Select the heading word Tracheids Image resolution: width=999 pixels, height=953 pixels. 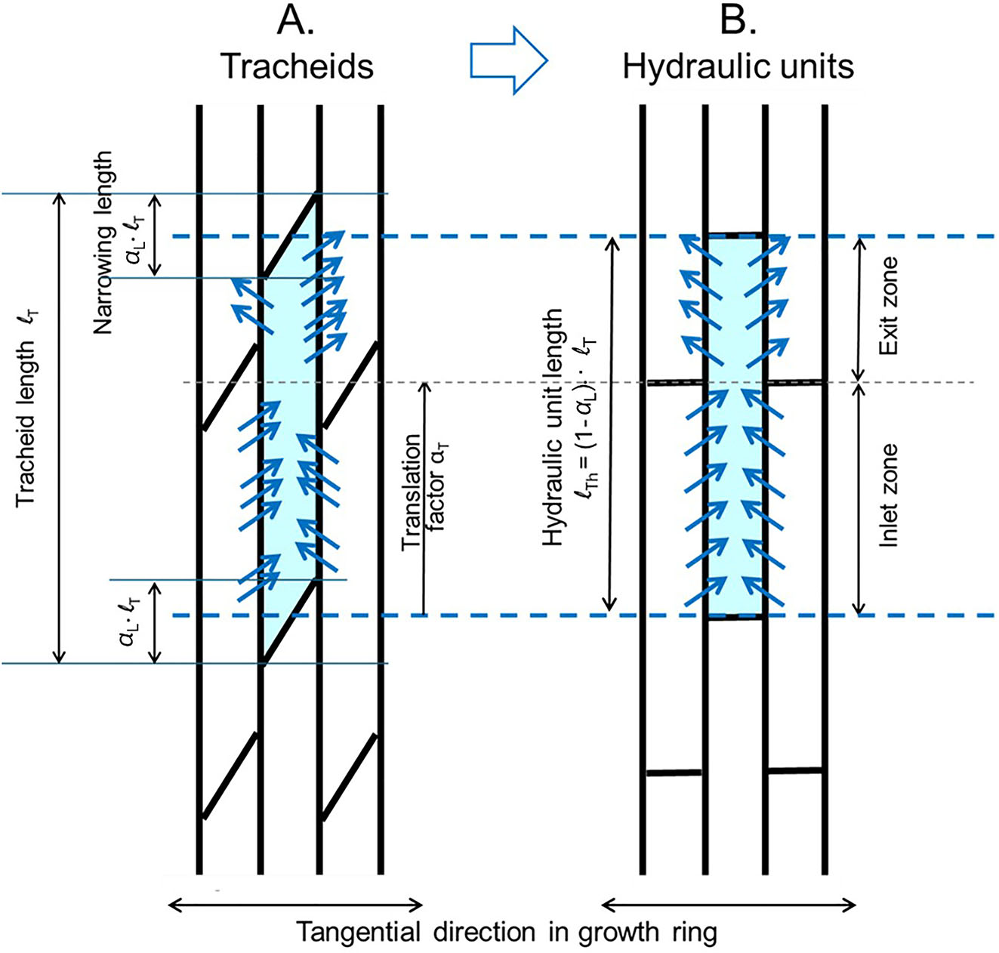coord(297,66)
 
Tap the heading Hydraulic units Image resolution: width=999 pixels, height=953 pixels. coord(738,66)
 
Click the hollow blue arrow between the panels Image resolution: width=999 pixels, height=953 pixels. coord(508,61)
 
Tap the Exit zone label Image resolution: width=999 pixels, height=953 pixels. coord(890,306)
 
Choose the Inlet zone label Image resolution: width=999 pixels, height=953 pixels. coord(890,495)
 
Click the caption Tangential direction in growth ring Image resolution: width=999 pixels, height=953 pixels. coord(506,933)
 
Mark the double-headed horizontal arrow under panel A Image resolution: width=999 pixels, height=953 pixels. coord(294,904)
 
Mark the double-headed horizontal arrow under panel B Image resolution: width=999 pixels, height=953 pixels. coord(729,904)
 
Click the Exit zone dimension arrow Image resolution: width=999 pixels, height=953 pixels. coord(858,310)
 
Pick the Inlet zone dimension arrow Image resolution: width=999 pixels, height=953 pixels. coord(858,499)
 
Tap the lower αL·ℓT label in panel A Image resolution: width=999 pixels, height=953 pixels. coord(129,621)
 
